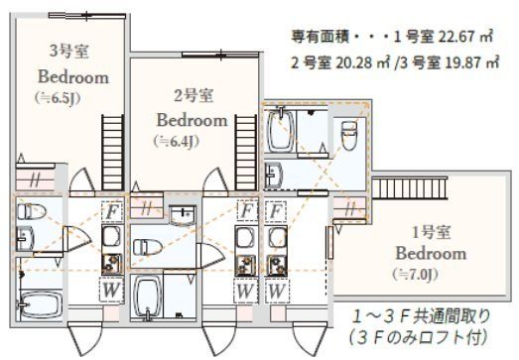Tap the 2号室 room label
coord(192,95)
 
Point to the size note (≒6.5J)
coord(59,98)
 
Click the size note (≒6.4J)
coord(178,141)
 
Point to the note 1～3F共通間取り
coord(418,318)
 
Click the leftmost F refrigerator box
coord(113,211)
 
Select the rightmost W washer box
coord(278,291)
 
